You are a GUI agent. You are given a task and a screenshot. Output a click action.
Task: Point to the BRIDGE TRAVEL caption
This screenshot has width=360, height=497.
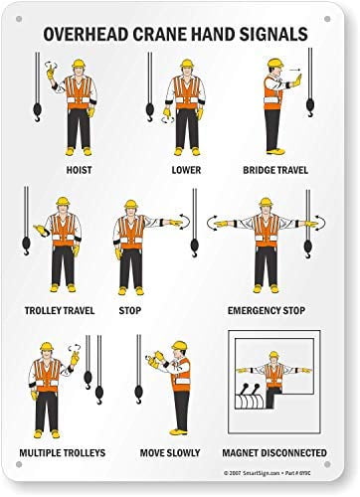click(275, 169)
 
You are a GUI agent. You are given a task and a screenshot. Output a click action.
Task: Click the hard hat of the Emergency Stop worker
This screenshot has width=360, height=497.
click(265, 203)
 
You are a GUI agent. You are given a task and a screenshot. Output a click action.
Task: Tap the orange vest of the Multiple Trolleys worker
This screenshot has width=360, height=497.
click(44, 377)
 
